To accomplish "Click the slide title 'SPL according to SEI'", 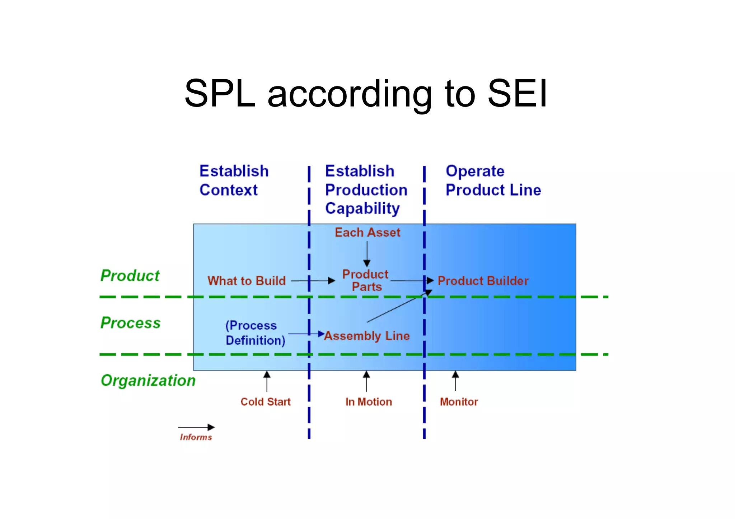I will click(366, 93).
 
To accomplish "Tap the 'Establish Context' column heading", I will click(234, 180).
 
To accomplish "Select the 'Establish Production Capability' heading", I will click(366, 190).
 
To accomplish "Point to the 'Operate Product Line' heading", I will click(493, 180).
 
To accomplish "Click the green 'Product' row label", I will click(130, 275).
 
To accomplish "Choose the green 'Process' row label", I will click(130, 323).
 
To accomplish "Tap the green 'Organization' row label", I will click(148, 381).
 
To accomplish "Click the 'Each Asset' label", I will click(367, 232).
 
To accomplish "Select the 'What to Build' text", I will click(247, 280).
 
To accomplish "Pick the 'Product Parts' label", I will click(366, 280).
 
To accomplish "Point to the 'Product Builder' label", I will click(483, 280).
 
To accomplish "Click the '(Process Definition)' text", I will click(255, 333).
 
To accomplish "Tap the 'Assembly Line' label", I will click(367, 336).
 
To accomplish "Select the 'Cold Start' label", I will click(266, 402).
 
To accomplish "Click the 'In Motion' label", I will click(369, 402).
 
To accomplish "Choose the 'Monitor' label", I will click(459, 402).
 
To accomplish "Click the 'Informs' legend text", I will click(196, 437).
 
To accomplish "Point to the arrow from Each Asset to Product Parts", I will click(367, 254).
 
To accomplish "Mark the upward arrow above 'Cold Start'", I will click(267, 381).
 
